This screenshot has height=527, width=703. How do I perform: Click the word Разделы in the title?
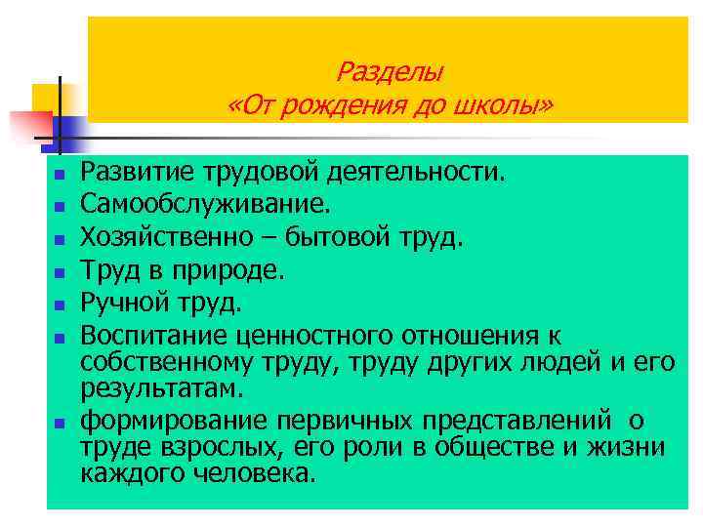[390, 71]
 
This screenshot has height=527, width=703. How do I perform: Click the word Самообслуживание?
[206, 204]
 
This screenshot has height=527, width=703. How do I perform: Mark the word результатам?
[160, 389]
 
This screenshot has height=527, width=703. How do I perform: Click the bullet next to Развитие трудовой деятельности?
[59, 177]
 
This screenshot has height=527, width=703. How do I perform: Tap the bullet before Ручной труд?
[59, 304]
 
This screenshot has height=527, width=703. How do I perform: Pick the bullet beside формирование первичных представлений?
[59, 425]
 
